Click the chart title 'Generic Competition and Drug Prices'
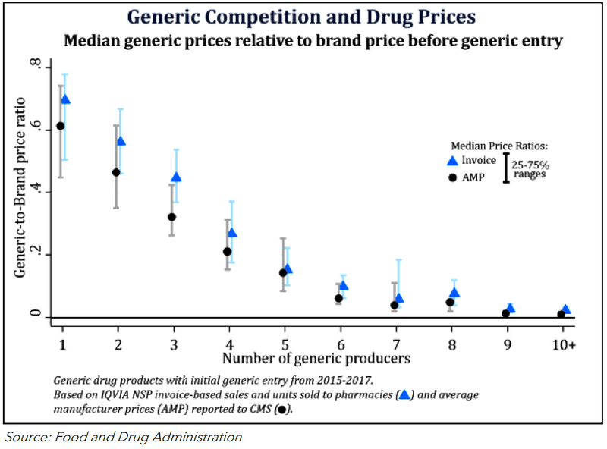(303, 17)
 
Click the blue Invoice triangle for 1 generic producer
(65, 99)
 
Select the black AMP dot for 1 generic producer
(61, 126)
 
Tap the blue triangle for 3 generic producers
(176, 177)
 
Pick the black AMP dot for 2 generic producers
(116, 172)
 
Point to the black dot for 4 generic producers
(227, 251)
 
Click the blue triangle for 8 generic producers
(454, 293)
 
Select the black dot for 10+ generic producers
(561, 314)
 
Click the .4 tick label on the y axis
(34, 193)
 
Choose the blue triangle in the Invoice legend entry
(453, 161)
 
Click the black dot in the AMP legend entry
(453, 177)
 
